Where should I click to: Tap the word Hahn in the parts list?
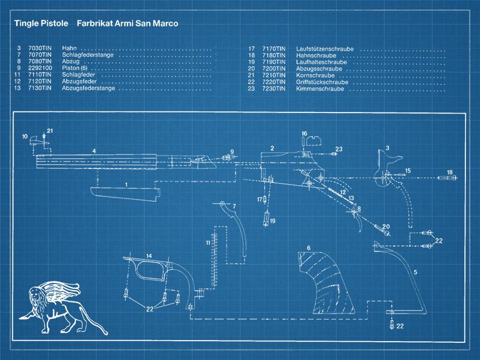pyautogui.click(x=70, y=48)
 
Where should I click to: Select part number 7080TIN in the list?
pyautogui.click(x=40, y=62)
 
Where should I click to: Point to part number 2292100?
pyautogui.click(x=40, y=68)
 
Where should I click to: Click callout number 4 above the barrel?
pyautogui.click(x=94, y=151)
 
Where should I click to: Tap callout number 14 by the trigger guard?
pyautogui.click(x=149, y=256)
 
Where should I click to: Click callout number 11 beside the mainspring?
pyautogui.click(x=208, y=243)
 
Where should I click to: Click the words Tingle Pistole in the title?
pyautogui.click(x=41, y=24)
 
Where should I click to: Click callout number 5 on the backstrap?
pyautogui.click(x=415, y=272)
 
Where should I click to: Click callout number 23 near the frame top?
pyautogui.click(x=339, y=149)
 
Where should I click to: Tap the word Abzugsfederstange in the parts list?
pyautogui.click(x=88, y=89)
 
